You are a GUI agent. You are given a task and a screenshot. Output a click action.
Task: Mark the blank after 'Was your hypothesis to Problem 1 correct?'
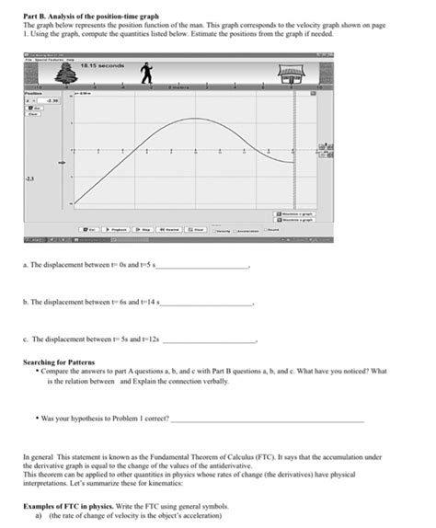point(267,418)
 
